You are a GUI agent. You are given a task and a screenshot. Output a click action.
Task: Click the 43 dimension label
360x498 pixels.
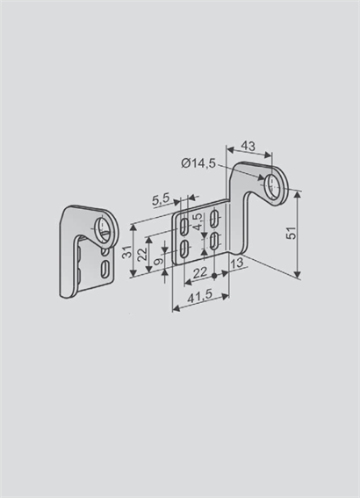[x=248, y=146]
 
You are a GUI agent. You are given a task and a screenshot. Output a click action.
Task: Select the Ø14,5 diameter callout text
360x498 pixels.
[x=198, y=163]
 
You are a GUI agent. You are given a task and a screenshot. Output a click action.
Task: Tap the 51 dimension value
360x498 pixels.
[x=292, y=233]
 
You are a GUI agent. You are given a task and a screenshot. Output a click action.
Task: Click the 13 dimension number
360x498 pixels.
[x=237, y=263]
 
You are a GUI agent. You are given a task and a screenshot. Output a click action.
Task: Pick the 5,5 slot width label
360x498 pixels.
[x=161, y=200]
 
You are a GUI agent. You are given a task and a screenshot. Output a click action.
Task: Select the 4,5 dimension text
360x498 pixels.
[x=198, y=221]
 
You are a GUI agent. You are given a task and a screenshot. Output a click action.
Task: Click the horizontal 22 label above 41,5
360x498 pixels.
[x=200, y=272]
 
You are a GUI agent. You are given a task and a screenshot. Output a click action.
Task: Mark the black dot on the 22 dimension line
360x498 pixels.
[x=214, y=276]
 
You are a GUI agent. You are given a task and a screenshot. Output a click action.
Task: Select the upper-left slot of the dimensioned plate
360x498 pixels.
[x=184, y=227]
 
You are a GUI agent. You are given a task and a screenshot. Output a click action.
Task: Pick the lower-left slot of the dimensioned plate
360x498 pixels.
[x=184, y=249]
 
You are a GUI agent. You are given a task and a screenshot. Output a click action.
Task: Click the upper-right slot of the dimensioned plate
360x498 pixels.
[x=214, y=218]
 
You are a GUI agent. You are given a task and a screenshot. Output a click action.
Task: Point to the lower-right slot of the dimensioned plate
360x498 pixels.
[x=214, y=241]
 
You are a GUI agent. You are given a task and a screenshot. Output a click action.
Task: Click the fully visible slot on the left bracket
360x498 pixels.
[x=104, y=269]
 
